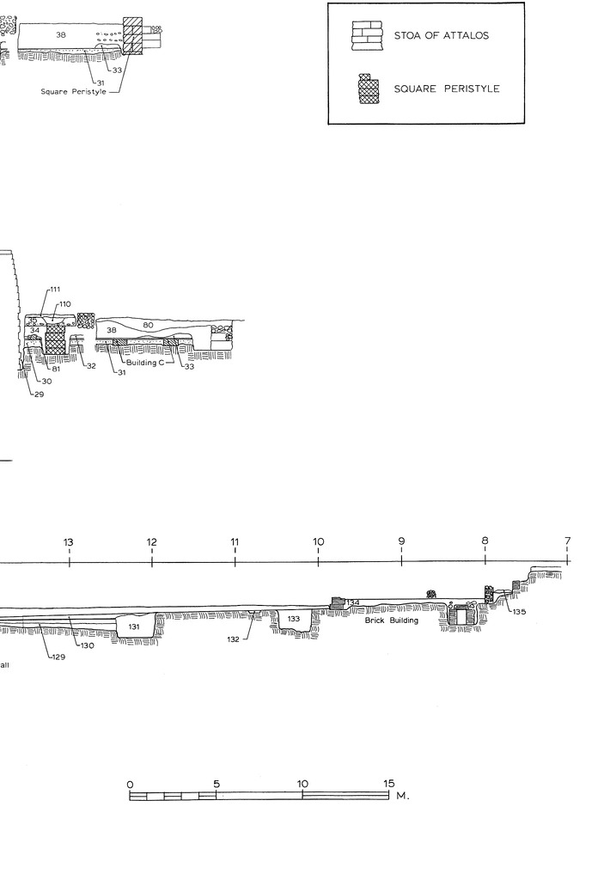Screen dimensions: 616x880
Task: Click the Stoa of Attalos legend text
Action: pyautogui.click(x=441, y=35)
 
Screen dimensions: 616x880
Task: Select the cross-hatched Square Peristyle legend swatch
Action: pyautogui.click(x=369, y=89)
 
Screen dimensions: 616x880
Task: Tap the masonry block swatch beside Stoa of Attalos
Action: pyautogui.click(x=367, y=36)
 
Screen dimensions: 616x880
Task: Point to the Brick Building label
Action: pyautogui.click(x=392, y=620)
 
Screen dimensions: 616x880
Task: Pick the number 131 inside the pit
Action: pyautogui.click(x=133, y=626)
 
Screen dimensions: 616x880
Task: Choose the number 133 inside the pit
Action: pyautogui.click(x=294, y=619)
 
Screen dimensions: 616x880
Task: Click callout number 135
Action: pyautogui.click(x=519, y=612)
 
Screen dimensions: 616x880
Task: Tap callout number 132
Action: pyautogui.click(x=234, y=639)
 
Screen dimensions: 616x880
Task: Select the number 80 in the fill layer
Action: pyautogui.click(x=148, y=325)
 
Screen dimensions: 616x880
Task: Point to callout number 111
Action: pyautogui.click(x=55, y=290)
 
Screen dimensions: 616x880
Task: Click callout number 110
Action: pyautogui.click(x=65, y=304)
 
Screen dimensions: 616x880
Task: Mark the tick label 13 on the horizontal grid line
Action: pyautogui.click(x=69, y=542)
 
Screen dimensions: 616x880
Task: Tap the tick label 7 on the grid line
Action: pyautogui.click(x=568, y=541)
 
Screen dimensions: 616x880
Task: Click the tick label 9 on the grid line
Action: pyautogui.click(x=402, y=541)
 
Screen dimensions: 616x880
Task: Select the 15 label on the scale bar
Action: pyautogui.click(x=389, y=784)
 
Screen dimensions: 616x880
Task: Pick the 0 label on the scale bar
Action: pyautogui.click(x=130, y=785)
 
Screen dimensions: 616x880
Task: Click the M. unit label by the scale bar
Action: pyautogui.click(x=403, y=796)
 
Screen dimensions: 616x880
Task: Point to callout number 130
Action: pyautogui.click(x=87, y=645)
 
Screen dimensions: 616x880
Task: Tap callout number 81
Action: pyautogui.click(x=56, y=370)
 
